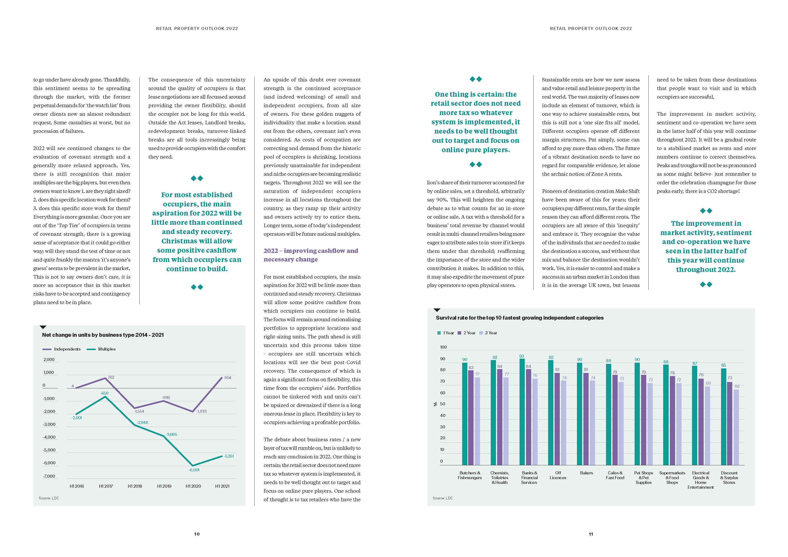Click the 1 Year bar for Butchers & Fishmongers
[465, 414]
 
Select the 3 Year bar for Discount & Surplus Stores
[736, 427]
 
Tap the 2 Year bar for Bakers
[586, 419]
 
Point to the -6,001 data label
[194, 470]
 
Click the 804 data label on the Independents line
[227, 377]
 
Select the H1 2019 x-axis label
[164, 486]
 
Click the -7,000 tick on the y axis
[49, 476]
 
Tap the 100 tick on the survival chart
[443, 347]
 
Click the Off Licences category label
[558, 475]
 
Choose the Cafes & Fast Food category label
[615, 475]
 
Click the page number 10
[197, 534]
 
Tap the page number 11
[591, 534]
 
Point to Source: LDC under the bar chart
[443, 498]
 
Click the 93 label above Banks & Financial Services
[522, 356]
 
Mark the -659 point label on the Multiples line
[104, 393]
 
